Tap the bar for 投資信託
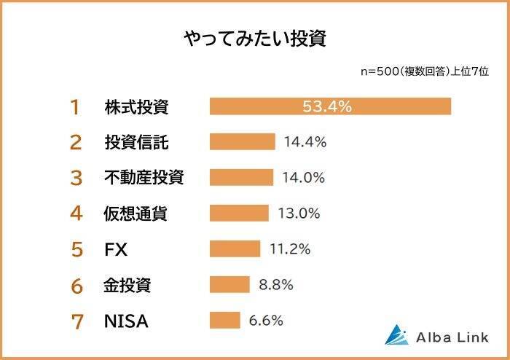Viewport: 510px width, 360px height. [242, 142]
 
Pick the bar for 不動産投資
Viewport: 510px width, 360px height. [241, 178]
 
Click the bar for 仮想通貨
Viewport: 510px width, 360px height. [240, 214]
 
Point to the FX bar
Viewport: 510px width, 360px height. [235, 249]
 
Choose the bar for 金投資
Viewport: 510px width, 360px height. [229, 285]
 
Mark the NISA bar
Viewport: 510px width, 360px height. [224, 321]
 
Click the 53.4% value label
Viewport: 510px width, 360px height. [327, 106]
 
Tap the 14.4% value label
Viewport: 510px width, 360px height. [305, 142]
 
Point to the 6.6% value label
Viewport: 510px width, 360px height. [266, 321]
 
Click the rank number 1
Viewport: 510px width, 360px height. [74, 107]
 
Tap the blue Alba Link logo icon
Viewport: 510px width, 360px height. [397, 334]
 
